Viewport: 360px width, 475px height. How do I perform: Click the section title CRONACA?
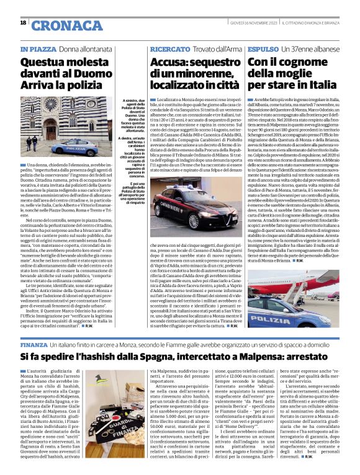tap(66, 25)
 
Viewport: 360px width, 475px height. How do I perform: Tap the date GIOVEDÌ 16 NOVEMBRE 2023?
tap(246, 22)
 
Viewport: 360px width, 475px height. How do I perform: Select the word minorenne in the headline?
tap(191, 73)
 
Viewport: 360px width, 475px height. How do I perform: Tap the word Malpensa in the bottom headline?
tap(264, 357)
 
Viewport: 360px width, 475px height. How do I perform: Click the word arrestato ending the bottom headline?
tap(313, 357)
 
